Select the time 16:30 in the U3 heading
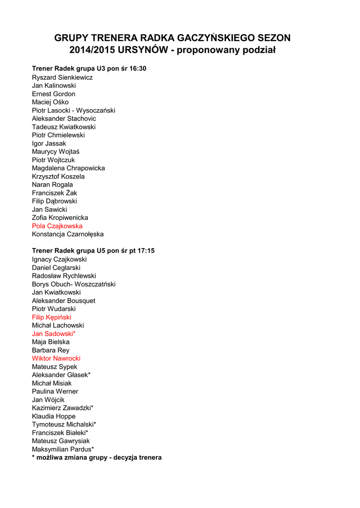[x=138, y=68]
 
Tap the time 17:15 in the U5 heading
[x=146, y=251]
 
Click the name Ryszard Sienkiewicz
[x=62, y=77]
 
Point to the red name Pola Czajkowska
[x=57, y=226]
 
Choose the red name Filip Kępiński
[x=52, y=317]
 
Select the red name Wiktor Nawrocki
[x=56, y=358]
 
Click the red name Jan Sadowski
[x=54, y=333]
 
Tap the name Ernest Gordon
[x=54, y=94]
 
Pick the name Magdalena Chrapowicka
[x=69, y=168]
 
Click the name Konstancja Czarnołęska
[x=68, y=234]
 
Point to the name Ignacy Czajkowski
[x=59, y=259]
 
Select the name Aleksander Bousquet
[x=64, y=301]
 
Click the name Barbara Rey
[x=51, y=350]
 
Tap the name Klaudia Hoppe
[x=54, y=416]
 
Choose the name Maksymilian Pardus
[x=63, y=449]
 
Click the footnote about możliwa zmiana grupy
[x=97, y=457]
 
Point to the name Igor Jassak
[x=49, y=143]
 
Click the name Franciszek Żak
[x=55, y=193]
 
